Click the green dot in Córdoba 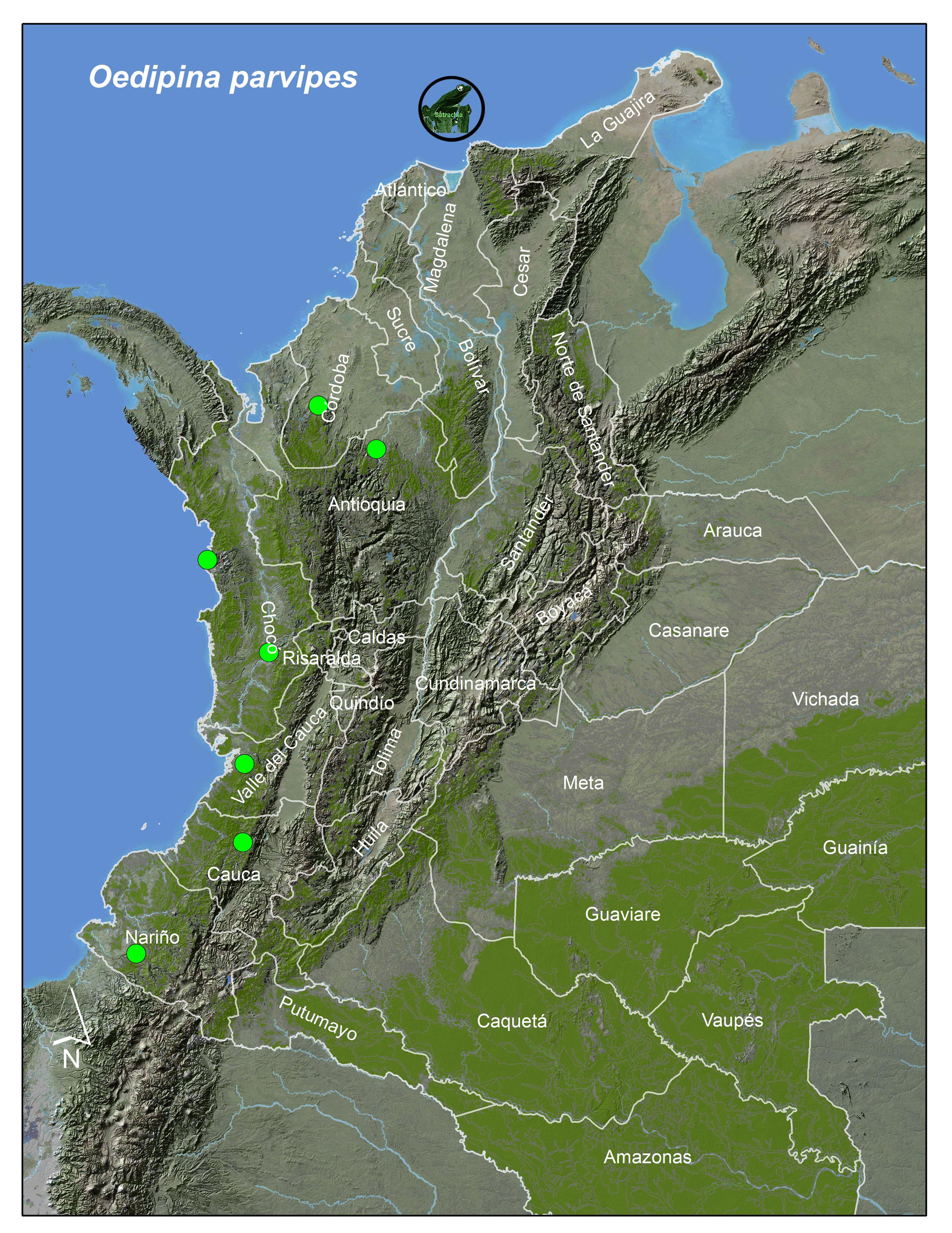pos(318,405)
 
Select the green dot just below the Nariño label pos(136,954)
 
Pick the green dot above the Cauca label pos(242,843)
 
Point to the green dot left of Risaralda pos(269,652)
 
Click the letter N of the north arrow pos(71,1058)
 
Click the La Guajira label pos(618,120)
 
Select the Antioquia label pos(366,504)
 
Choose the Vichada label pos(825,699)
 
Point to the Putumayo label pos(318,1018)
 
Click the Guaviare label pos(622,914)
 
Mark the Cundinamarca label pos(475,684)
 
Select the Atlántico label pos(410,190)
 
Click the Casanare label pos(689,630)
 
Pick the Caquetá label pos(511,1021)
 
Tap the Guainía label pos(854,847)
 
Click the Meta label pos(583,783)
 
